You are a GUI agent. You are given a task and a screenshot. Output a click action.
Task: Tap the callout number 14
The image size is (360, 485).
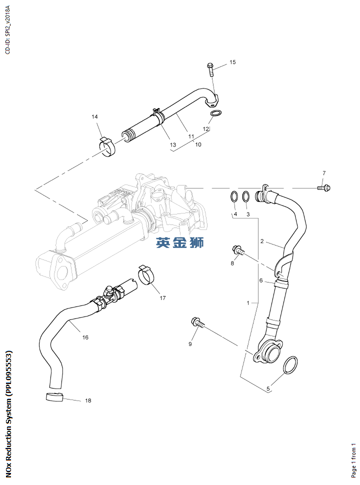click(94, 116)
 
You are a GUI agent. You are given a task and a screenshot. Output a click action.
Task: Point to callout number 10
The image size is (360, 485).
click(198, 144)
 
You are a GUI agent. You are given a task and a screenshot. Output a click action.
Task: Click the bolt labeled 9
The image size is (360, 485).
click(197, 323)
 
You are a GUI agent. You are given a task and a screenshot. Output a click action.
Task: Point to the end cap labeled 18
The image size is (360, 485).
click(54, 397)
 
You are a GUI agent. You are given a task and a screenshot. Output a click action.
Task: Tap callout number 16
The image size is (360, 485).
click(85, 337)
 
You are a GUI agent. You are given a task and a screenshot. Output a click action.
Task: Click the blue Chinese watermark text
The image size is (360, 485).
click(179, 243)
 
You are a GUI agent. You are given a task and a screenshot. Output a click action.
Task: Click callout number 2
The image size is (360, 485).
click(261, 241)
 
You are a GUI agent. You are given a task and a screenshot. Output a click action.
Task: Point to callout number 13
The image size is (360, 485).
click(173, 144)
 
